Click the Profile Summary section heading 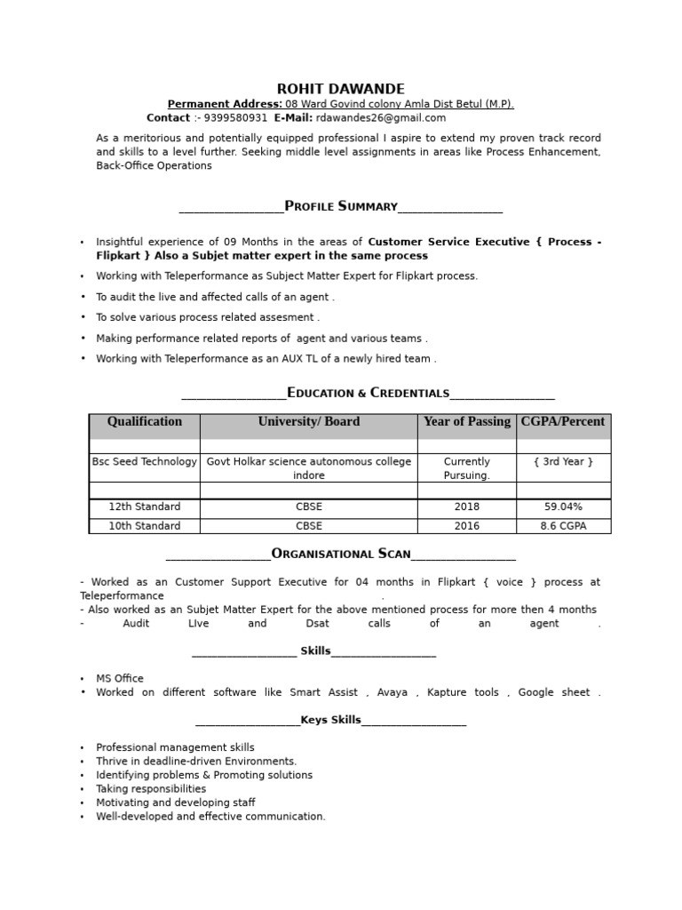point(341,206)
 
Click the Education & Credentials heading point(369,393)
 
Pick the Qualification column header point(145,422)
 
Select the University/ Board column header point(309,422)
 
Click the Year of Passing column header point(467,422)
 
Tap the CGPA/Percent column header point(563,422)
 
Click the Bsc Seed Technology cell point(145,462)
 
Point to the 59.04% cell point(563,507)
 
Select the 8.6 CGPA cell point(563,526)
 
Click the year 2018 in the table point(466,507)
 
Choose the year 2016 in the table point(466,526)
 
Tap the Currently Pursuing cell point(467,468)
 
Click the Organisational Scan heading point(341,554)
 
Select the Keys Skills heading point(330,720)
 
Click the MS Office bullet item point(120,678)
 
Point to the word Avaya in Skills point(393,692)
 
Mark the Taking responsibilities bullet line point(151,788)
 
